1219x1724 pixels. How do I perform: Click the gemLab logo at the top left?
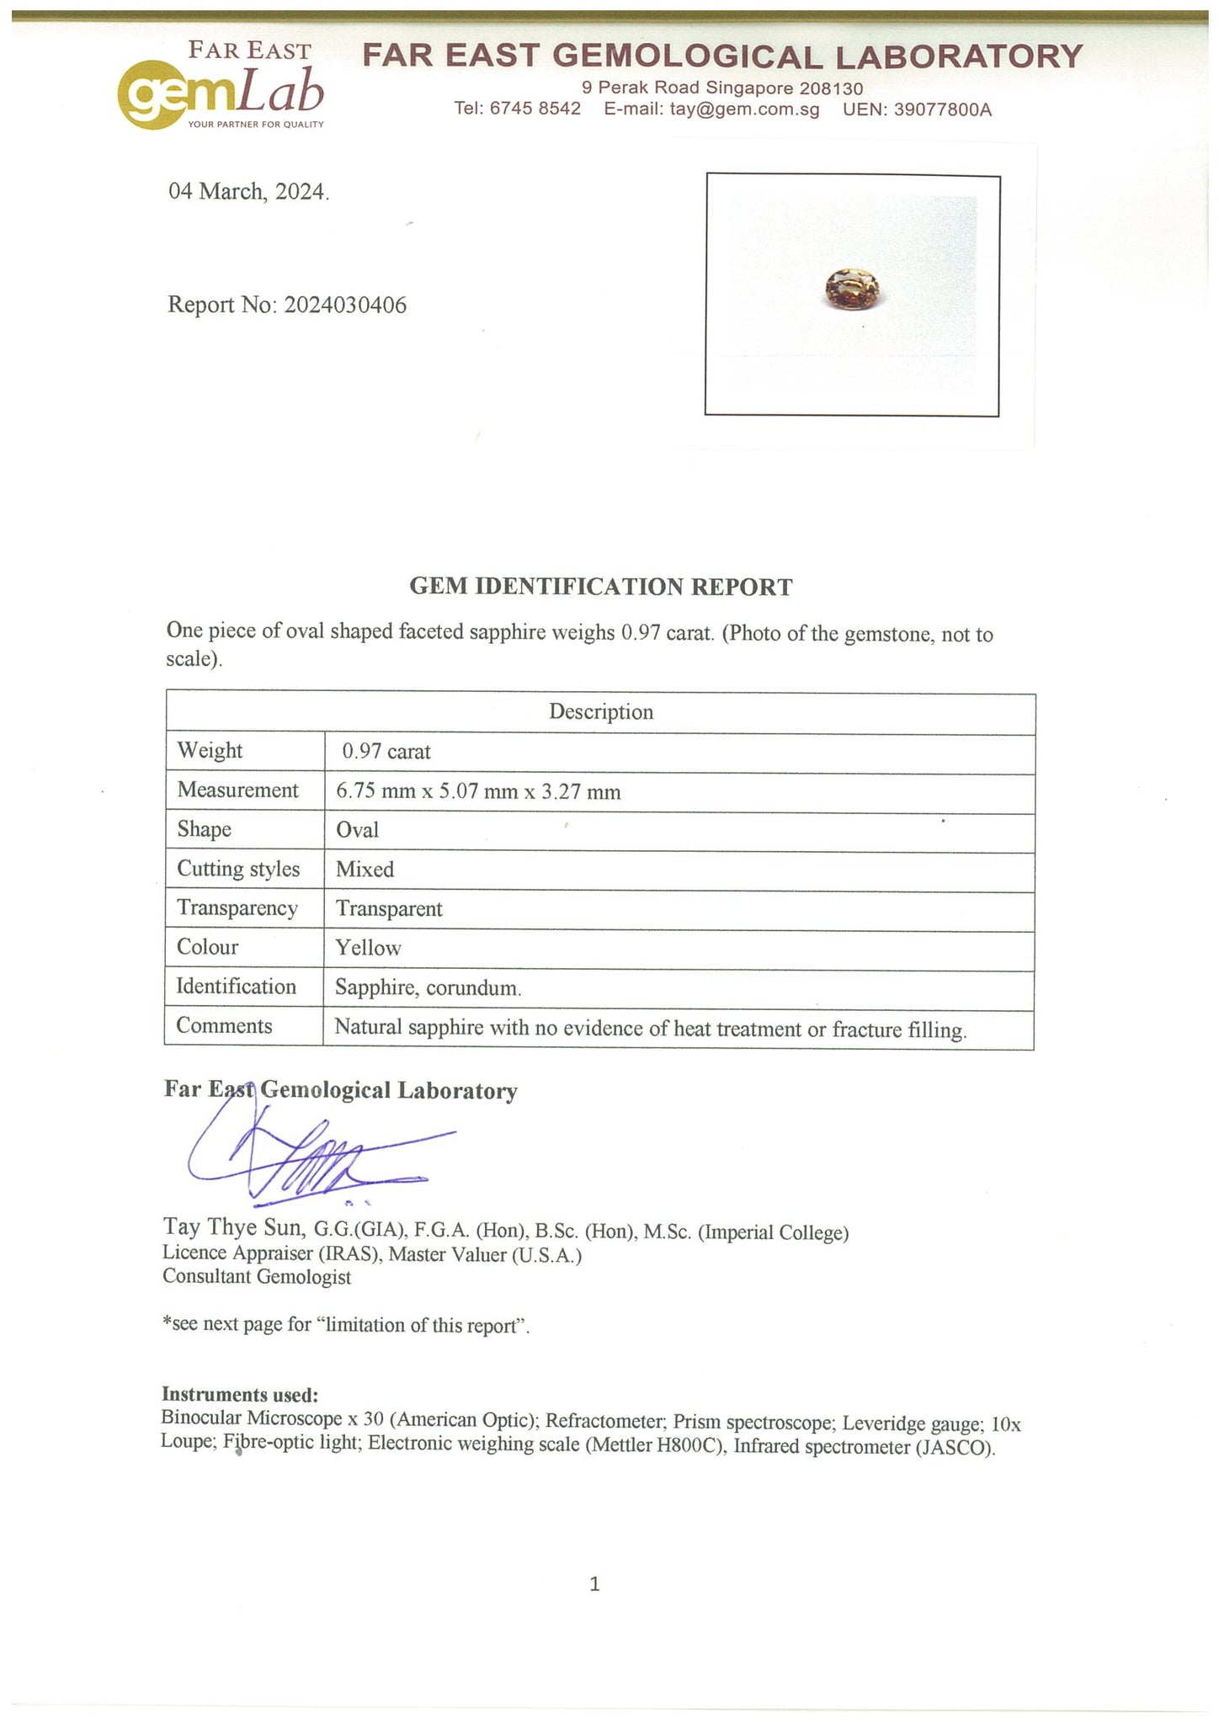[x=221, y=88]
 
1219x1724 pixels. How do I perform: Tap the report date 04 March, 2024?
[x=249, y=192]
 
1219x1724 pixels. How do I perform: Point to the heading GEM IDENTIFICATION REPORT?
[x=601, y=587]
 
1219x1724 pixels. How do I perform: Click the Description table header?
[x=601, y=712]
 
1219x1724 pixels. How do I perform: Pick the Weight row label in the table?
[x=210, y=750]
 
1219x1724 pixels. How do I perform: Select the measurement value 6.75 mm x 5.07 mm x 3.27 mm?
[x=478, y=791]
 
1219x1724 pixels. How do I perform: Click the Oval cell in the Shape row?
[x=358, y=830]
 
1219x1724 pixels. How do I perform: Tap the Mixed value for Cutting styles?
[x=365, y=870]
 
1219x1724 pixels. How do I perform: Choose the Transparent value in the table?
[x=389, y=909]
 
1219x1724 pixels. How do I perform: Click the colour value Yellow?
[x=369, y=948]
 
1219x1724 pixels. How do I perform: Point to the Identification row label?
[x=237, y=987]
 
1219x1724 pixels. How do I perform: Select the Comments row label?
[x=225, y=1026]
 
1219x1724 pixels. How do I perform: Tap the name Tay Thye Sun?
[x=234, y=1227]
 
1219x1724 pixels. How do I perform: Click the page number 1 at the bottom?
[x=595, y=1584]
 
